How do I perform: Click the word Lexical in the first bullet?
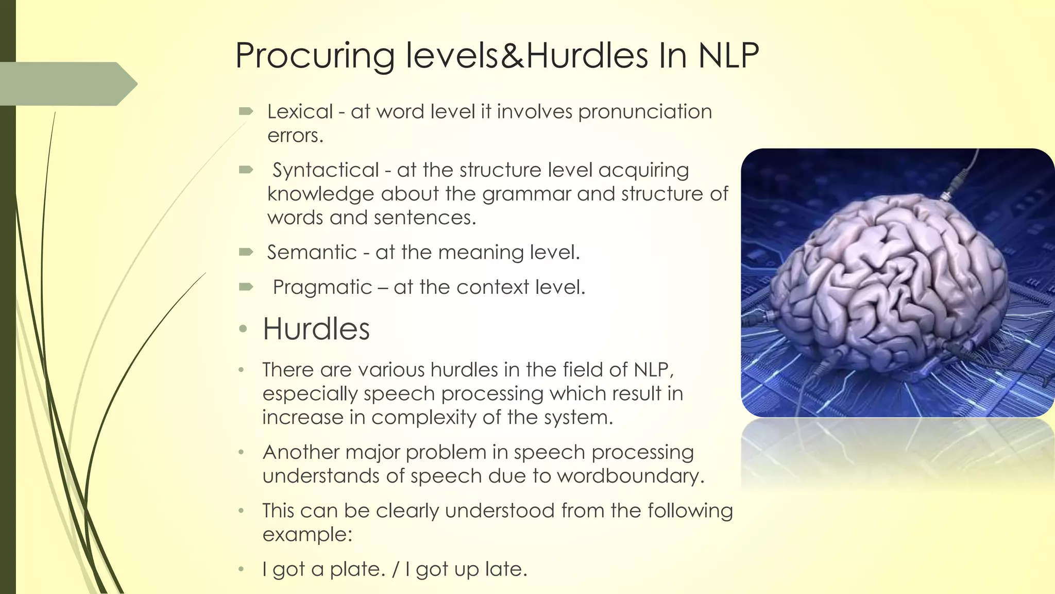point(300,111)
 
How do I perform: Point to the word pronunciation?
point(645,111)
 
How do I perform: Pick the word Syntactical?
point(326,170)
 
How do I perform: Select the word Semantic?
point(312,252)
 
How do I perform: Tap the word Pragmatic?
point(322,287)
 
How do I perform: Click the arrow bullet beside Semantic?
point(246,252)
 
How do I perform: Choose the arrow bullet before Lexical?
point(246,111)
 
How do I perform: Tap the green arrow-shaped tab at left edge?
point(67,84)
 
